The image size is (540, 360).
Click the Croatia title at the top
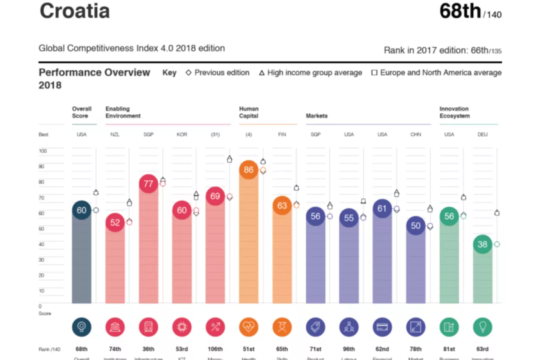click(74, 11)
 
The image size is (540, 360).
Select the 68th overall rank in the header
click(460, 11)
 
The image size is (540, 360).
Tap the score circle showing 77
click(148, 183)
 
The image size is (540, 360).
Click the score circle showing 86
click(249, 170)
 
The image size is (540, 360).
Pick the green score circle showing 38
click(482, 244)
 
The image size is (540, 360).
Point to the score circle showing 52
click(115, 223)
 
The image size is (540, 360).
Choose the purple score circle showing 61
click(382, 209)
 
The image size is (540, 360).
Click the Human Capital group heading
click(249, 112)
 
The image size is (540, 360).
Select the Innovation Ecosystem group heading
click(454, 112)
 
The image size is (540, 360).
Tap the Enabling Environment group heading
click(123, 112)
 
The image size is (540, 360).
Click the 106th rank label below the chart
click(215, 349)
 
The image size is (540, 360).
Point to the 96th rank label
click(349, 349)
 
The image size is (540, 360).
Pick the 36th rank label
click(148, 349)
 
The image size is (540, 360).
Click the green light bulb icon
click(482, 327)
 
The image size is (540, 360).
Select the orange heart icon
click(249, 327)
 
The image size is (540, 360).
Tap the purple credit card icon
click(382, 327)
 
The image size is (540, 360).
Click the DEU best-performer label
click(482, 134)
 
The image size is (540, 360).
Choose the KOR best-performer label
click(182, 134)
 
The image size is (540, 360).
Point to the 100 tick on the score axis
click(43, 151)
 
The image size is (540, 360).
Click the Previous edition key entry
click(218, 73)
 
